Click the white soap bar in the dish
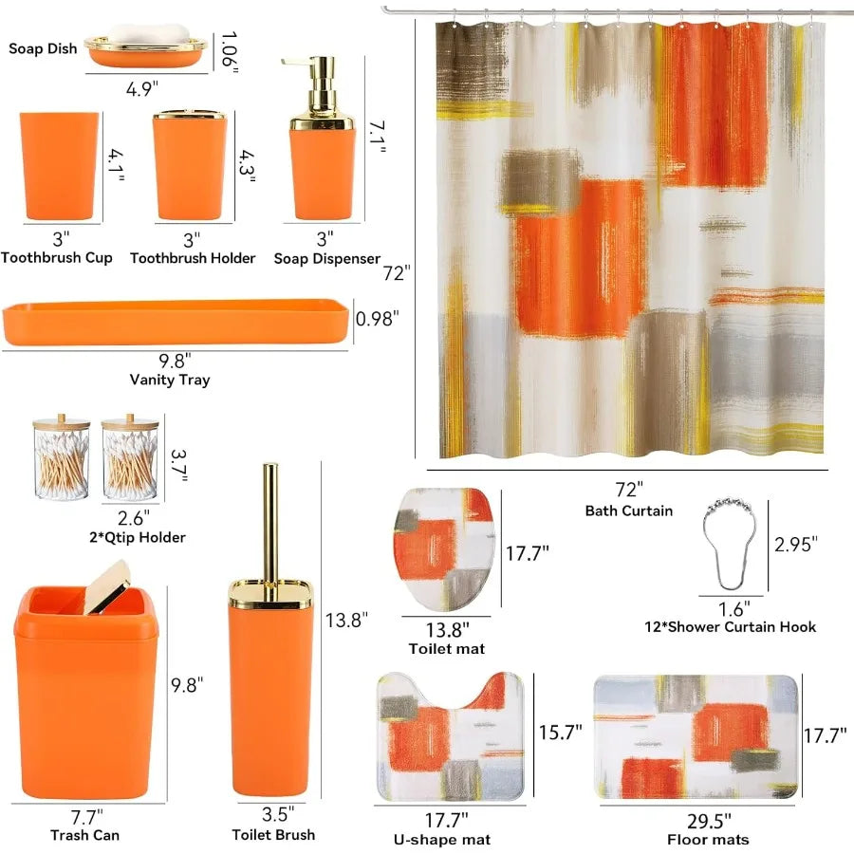(x=145, y=35)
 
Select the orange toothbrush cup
(x=58, y=165)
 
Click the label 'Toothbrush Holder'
(x=193, y=258)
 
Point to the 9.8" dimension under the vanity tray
(x=175, y=360)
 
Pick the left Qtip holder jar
(x=61, y=460)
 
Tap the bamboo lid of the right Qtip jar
(x=131, y=424)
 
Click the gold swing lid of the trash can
(x=108, y=582)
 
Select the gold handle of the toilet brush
(x=270, y=522)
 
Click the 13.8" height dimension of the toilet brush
(x=346, y=620)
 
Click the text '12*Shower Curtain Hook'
(x=730, y=626)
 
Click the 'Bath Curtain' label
(x=629, y=511)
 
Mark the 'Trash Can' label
(x=85, y=835)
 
